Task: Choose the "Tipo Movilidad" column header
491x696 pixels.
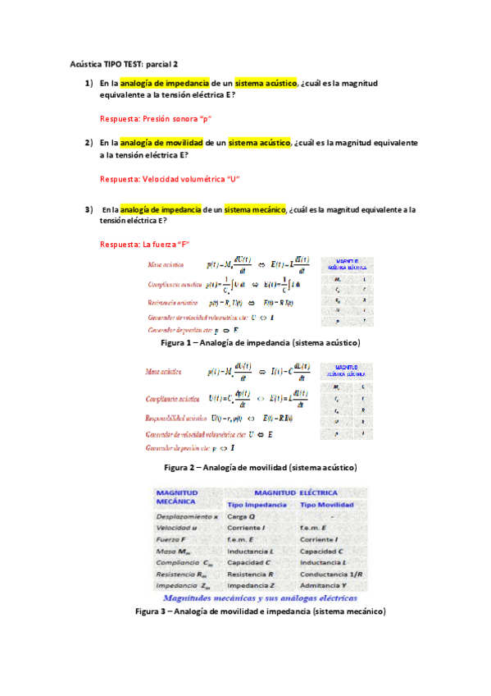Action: click(x=330, y=503)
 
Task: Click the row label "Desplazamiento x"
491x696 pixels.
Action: click(x=187, y=516)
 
